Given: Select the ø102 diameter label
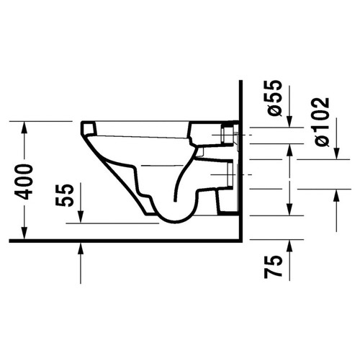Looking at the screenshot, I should coord(321,121).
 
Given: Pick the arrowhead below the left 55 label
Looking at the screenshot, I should coord(81,218).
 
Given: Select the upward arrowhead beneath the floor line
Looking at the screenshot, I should coord(81,249).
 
